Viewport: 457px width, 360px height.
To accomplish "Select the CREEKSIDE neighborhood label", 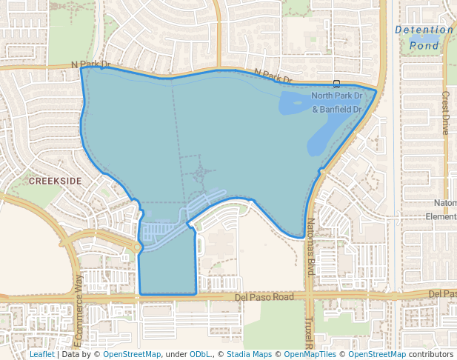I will pos(55,180).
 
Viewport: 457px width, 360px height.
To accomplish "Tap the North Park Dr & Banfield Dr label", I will pos(336,103).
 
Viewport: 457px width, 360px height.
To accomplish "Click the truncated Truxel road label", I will pos(309,333).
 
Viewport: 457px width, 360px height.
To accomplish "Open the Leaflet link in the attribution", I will pos(41,354).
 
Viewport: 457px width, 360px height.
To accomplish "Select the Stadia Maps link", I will pos(249,354).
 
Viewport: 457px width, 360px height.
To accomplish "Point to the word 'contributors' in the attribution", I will pos(431,354).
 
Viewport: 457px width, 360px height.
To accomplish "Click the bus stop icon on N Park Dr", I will pos(336,83).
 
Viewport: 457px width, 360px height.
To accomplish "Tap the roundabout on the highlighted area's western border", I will pos(138,247).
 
